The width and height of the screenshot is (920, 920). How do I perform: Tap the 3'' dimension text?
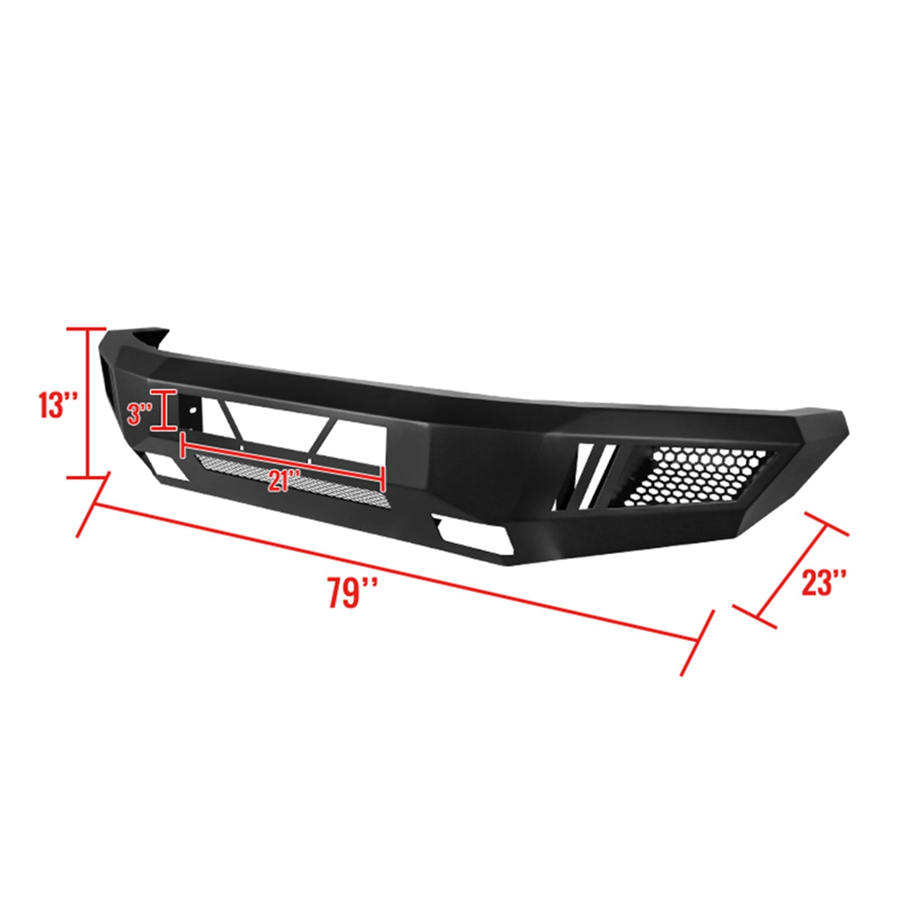point(139,414)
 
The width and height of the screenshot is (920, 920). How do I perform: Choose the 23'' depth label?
point(824,583)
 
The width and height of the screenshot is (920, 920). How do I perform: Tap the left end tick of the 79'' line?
point(93,504)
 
